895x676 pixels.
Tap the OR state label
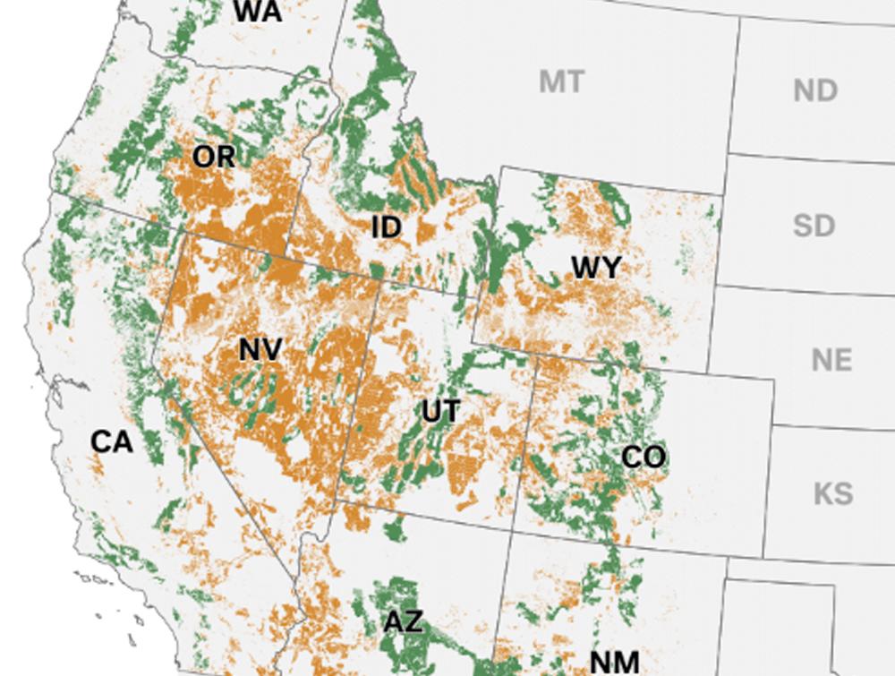coord(214,157)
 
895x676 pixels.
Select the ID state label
coord(387,227)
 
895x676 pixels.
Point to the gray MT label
coord(561,82)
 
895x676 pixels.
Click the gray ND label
coord(815,90)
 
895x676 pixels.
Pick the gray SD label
coord(814,225)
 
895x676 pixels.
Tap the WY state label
coord(596,267)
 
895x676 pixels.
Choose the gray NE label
coord(831,360)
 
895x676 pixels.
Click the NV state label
coord(260,349)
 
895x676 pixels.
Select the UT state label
coord(441,412)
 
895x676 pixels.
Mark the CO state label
coord(644,458)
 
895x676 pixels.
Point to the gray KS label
coord(832,493)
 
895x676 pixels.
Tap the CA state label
coord(112,441)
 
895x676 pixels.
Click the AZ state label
coord(404,621)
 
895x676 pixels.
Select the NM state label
coord(615,662)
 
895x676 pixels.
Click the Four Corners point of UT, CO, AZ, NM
coord(512,529)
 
